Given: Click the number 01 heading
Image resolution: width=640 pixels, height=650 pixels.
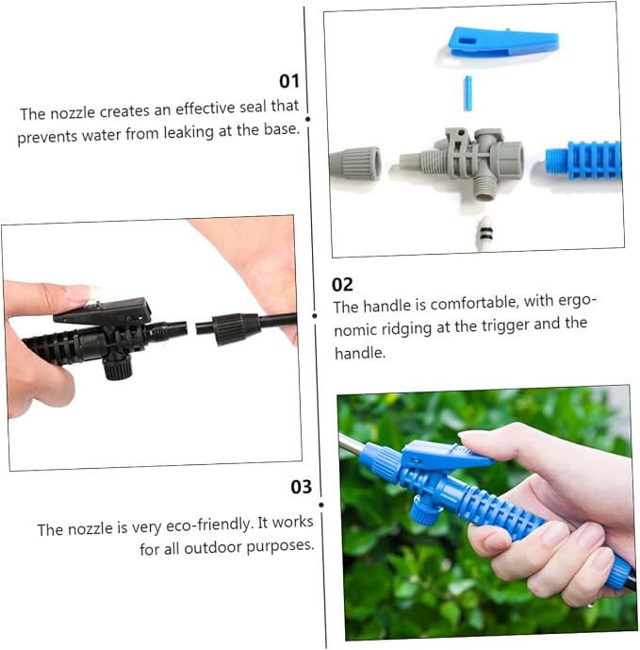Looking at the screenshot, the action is tap(288, 81).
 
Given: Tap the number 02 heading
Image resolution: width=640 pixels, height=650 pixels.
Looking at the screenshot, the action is tap(342, 285).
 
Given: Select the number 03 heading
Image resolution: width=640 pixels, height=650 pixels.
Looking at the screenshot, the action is tap(302, 487).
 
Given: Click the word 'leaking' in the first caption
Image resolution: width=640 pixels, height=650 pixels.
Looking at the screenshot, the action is tap(189, 133).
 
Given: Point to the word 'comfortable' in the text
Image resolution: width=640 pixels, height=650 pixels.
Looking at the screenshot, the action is tap(474, 304).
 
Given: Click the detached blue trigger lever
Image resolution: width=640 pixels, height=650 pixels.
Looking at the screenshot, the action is tap(503, 42).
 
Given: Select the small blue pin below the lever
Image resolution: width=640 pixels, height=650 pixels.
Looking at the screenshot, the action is tap(468, 93).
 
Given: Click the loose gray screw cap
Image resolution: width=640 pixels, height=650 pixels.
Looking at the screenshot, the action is tap(355, 163).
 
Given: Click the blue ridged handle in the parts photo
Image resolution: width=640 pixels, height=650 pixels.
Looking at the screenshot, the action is tap(583, 160).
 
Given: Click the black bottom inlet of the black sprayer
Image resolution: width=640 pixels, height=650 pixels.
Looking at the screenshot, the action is tap(117, 367).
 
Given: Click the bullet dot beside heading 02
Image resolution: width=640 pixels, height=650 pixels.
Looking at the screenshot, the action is tap(315, 316).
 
